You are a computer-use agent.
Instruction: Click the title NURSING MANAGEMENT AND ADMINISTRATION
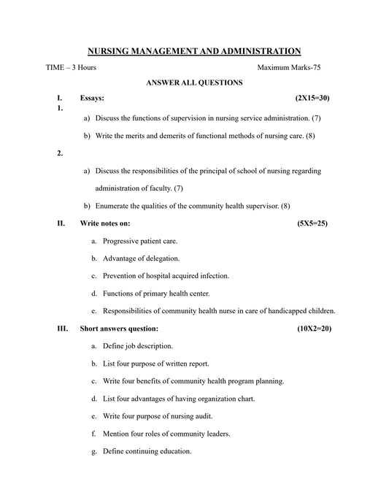point(194,51)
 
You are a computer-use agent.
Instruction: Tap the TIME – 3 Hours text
point(71,67)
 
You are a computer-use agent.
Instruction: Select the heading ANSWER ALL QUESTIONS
point(194,82)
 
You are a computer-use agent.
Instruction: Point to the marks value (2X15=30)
point(312,97)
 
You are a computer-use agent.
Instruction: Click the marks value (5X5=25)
point(312,223)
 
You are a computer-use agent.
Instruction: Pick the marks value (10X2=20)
point(315,329)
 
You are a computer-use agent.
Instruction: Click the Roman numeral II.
point(61,223)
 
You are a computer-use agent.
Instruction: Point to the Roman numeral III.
point(62,329)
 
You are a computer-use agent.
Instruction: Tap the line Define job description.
point(138,345)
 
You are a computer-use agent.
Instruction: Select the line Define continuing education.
point(147,451)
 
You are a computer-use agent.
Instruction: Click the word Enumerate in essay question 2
point(114,206)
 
